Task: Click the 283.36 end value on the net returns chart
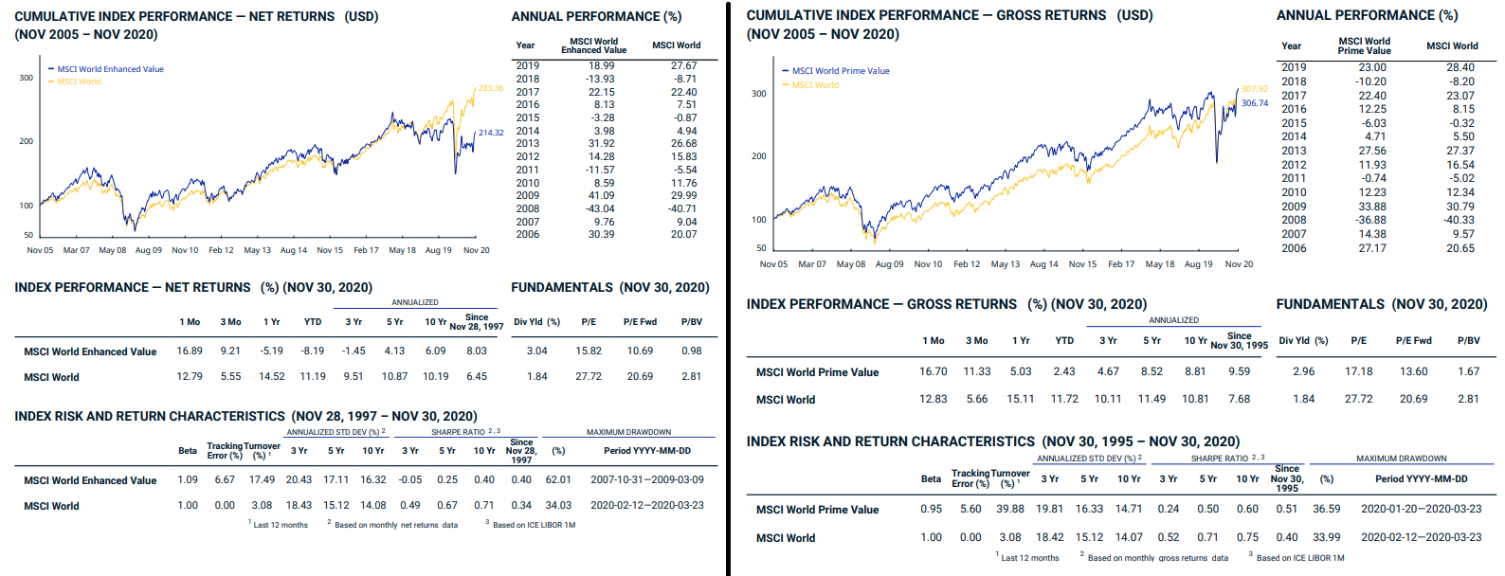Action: [491, 88]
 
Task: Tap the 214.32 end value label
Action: [491, 133]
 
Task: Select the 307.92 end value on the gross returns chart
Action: [1254, 89]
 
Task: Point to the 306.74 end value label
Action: [1254, 103]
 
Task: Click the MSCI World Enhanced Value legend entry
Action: [110, 69]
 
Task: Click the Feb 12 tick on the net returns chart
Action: [221, 250]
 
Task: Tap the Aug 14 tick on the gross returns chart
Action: [1043, 264]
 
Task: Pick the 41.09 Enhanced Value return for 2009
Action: [601, 196]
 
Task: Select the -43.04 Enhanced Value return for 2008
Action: [600, 208]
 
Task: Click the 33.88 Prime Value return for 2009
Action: [1371, 207]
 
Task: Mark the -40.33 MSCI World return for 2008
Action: [1460, 220]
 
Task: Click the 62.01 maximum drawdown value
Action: [558, 480]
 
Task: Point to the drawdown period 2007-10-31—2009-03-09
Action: [647, 480]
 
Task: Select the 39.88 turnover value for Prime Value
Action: [1009, 509]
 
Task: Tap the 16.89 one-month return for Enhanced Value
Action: [190, 351]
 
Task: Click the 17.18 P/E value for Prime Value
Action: [1358, 371]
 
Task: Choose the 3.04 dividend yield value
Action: [536, 351]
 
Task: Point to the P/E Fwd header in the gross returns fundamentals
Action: [1413, 340]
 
